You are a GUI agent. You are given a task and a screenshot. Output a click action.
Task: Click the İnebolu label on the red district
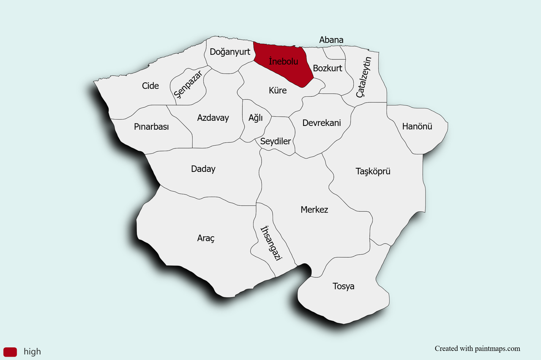click(283, 61)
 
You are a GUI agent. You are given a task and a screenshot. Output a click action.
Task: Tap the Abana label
click(331, 40)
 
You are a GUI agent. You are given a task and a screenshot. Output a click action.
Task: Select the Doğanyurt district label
click(230, 52)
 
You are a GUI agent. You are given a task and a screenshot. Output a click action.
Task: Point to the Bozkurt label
click(328, 68)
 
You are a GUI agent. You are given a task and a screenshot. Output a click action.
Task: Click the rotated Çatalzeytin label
click(363, 77)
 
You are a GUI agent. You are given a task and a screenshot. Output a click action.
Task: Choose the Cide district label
click(150, 86)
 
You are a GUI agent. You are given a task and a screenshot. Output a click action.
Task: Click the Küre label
click(278, 90)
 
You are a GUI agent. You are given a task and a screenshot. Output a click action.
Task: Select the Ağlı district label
click(256, 118)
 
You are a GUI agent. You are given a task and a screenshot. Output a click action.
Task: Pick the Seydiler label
click(276, 141)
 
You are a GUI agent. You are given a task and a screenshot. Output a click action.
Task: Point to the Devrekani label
click(322, 123)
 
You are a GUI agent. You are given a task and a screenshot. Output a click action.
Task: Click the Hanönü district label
click(417, 126)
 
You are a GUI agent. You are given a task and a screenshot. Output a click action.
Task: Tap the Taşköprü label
click(373, 171)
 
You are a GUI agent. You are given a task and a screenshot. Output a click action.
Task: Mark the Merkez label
click(314, 210)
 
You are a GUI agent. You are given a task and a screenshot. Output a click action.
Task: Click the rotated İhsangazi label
click(271, 243)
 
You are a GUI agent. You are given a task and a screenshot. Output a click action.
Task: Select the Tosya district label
click(343, 286)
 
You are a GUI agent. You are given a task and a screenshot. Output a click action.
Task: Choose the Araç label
click(206, 238)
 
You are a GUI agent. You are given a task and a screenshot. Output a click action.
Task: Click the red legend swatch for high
click(10, 352)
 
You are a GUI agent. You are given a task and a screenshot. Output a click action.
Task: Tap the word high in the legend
click(33, 352)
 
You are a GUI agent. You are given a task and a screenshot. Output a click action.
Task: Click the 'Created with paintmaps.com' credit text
click(477, 349)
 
